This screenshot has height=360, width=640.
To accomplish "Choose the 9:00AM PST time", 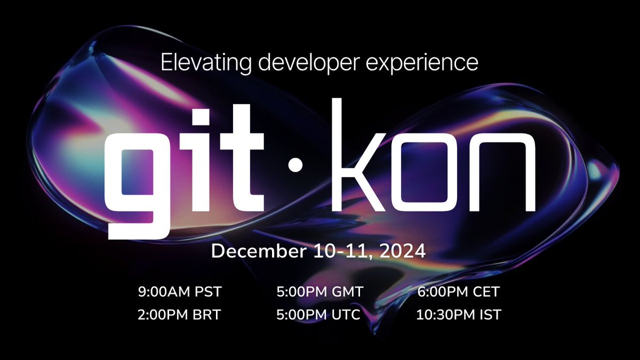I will pyautogui.click(x=179, y=292).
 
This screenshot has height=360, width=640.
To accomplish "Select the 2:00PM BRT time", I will pyautogui.click(x=179, y=315).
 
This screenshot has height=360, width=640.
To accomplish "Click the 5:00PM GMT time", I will pyautogui.click(x=319, y=292).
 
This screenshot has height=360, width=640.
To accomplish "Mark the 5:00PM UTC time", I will pyautogui.click(x=318, y=315).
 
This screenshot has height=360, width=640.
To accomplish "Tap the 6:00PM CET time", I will pyautogui.click(x=459, y=292).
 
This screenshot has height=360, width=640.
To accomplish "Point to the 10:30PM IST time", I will pyautogui.click(x=458, y=315).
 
